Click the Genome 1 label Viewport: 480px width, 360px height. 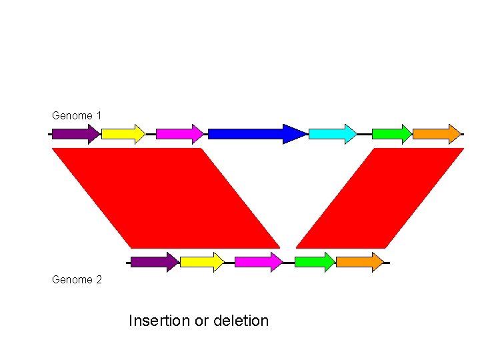[77, 115]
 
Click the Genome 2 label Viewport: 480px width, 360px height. [77, 280]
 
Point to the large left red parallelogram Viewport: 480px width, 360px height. [167, 197]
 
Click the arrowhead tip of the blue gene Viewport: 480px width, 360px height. [305, 134]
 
